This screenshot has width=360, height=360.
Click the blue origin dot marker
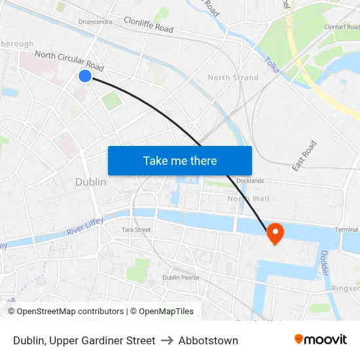(x=84, y=76)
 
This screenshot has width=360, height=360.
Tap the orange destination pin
(x=275, y=233)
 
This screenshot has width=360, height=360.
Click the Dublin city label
(x=91, y=182)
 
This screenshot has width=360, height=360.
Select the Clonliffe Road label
(x=149, y=26)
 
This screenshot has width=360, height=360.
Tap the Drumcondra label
(x=95, y=22)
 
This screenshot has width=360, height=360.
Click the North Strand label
(x=232, y=77)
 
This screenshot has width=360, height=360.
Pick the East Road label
(x=304, y=156)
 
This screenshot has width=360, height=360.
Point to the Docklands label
(x=249, y=181)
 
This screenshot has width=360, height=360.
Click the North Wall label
(x=248, y=198)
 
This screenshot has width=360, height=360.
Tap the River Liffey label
(x=84, y=227)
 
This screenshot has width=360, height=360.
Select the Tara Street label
(x=136, y=230)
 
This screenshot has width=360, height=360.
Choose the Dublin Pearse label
(x=181, y=278)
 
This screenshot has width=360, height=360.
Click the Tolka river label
(x=272, y=64)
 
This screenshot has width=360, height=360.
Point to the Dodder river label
(x=325, y=262)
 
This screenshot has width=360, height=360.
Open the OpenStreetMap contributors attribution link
(x=70, y=312)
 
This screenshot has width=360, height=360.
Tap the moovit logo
(x=320, y=339)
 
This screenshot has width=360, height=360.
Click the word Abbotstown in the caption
(x=208, y=340)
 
